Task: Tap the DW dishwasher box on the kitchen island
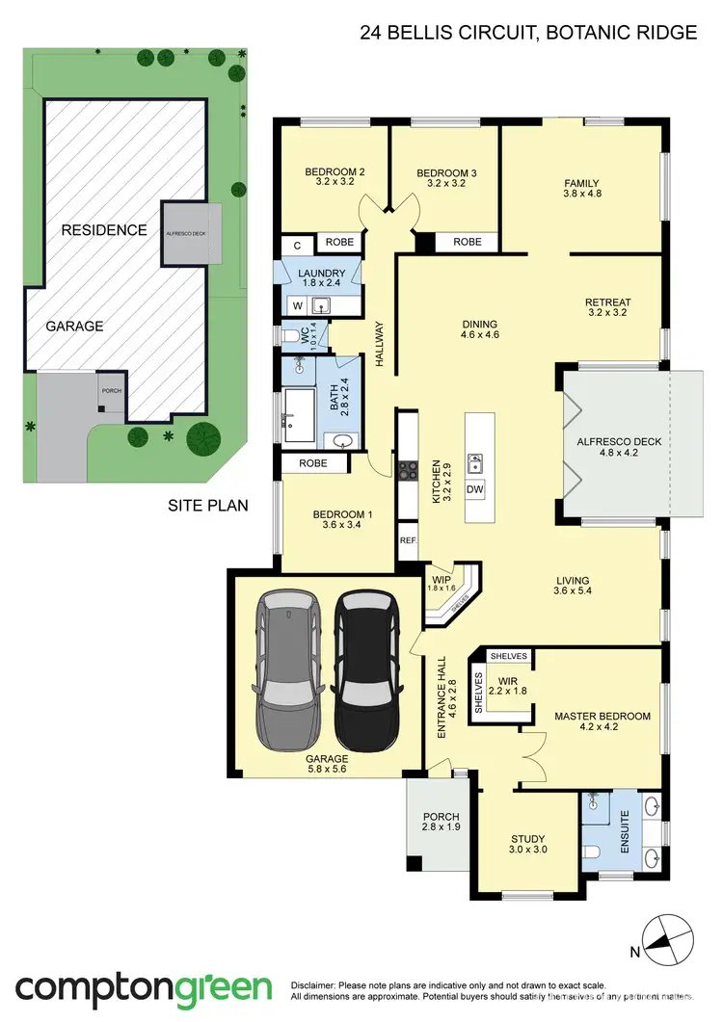click(x=474, y=489)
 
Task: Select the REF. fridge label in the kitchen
click(x=408, y=540)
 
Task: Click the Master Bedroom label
click(x=602, y=717)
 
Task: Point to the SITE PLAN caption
click(x=207, y=504)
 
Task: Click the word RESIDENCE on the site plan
click(x=104, y=230)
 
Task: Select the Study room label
click(x=528, y=839)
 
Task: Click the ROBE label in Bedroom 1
click(x=314, y=463)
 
